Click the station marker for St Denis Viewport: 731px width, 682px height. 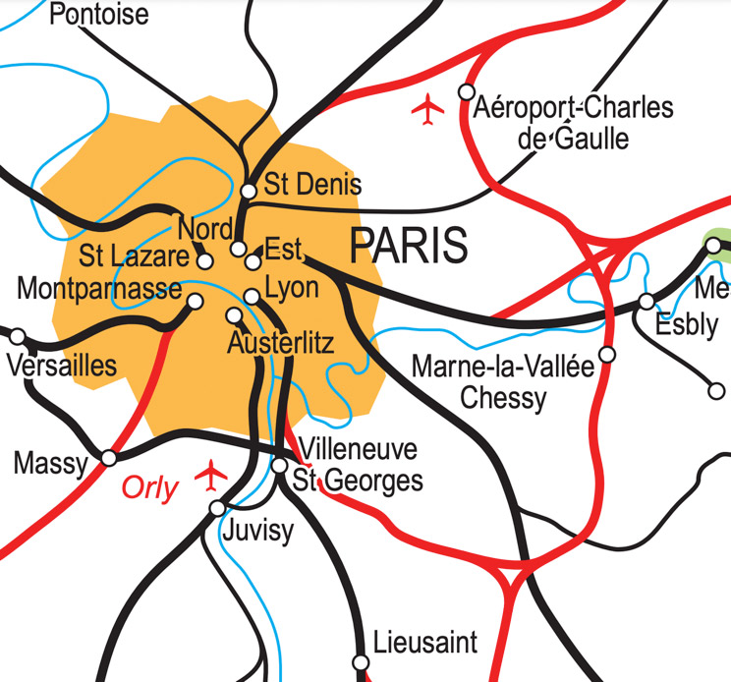pyautogui.click(x=249, y=191)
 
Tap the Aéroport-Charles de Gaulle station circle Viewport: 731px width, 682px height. pyautogui.click(x=467, y=92)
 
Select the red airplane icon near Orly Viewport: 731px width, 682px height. pyautogui.click(x=210, y=475)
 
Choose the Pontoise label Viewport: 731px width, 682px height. pyautogui.click(x=98, y=15)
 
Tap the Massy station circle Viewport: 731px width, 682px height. pyautogui.click(x=109, y=458)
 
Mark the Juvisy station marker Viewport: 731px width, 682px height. pyautogui.click(x=217, y=508)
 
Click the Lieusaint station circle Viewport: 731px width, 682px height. pyautogui.click(x=362, y=661)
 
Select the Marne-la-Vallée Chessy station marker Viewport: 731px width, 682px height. pyautogui.click(x=607, y=354)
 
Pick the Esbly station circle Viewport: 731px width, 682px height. pyautogui.click(x=647, y=301)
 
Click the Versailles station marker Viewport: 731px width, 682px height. pyautogui.click(x=18, y=337)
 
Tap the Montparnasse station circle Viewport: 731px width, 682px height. pyautogui.click(x=195, y=302)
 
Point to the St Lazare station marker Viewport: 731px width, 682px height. pyautogui.click(x=205, y=261)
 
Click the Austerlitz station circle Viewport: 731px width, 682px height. pyautogui.click(x=234, y=315)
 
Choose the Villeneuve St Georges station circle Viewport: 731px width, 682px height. pyautogui.click(x=280, y=465)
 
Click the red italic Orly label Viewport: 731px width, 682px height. pyautogui.click(x=150, y=488)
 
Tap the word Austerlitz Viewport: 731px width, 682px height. pyautogui.click(x=281, y=344)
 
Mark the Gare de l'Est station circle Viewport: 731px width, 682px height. pyautogui.click(x=253, y=261)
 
